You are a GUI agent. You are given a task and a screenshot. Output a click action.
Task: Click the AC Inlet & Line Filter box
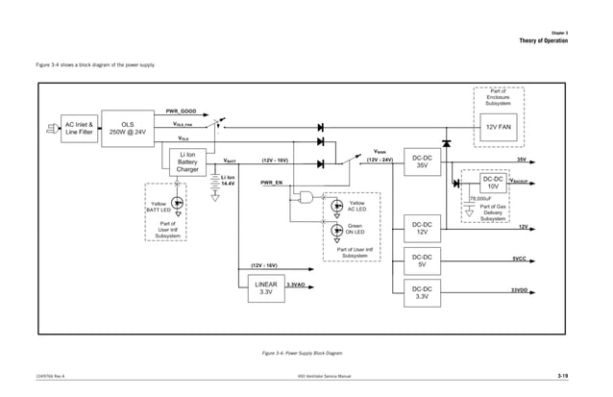[79, 128]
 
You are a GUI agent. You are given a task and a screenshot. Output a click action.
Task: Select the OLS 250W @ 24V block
[127, 128]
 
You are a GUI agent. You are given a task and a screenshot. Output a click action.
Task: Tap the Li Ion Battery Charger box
[188, 161]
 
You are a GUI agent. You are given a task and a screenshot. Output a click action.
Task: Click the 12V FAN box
[499, 127]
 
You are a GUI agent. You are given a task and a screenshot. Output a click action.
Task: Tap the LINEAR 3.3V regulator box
[266, 290]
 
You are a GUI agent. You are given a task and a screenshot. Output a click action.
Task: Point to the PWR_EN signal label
[271, 182]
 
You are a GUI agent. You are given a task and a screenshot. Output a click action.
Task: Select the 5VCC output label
[518, 258]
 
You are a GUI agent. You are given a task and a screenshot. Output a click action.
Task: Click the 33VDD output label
[518, 289]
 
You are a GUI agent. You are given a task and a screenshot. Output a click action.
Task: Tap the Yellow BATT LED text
[160, 207]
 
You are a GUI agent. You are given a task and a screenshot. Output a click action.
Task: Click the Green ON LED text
[355, 229]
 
